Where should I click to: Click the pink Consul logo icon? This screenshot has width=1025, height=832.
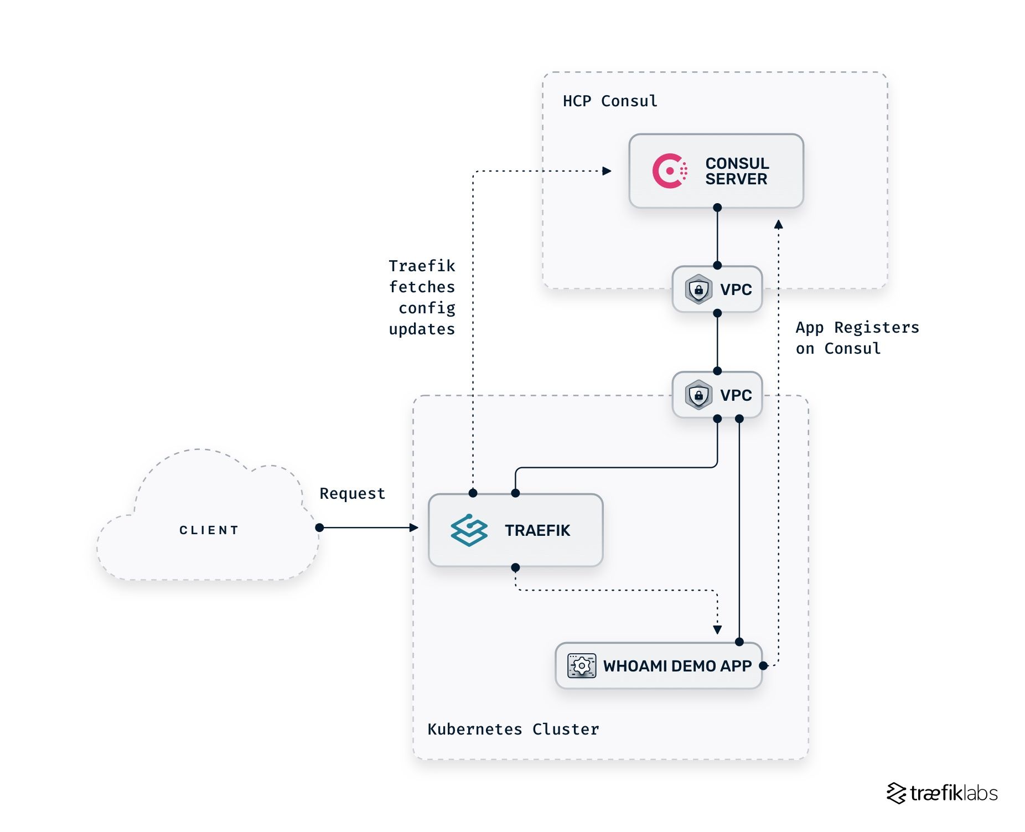pyautogui.click(x=669, y=171)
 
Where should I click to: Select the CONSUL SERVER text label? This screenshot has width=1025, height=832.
pyautogui.click(x=737, y=171)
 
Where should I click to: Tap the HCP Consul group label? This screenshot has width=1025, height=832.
pyautogui.click(x=610, y=101)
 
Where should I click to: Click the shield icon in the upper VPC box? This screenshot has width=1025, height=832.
pyautogui.click(x=698, y=290)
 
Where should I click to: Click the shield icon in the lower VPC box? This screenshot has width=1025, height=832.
pyautogui.click(x=698, y=395)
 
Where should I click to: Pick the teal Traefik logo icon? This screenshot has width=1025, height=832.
pyautogui.click(x=469, y=530)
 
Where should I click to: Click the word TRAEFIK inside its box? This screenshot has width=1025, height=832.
pyautogui.click(x=537, y=530)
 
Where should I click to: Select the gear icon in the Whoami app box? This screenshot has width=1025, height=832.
pyautogui.click(x=582, y=665)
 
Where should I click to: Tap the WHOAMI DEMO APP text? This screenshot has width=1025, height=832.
pyautogui.click(x=677, y=666)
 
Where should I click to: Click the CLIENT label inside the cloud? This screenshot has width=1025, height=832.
pyautogui.click(x=209, y=530)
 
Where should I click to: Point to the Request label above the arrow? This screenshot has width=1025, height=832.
pyautogui.click(x=352, y=494)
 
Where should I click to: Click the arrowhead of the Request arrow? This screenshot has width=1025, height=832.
pyautogui.click(x=414, y=528)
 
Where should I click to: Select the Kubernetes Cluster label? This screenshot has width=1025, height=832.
pyautogui.click(x=513, y=730)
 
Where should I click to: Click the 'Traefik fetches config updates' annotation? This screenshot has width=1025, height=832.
pyautogui.click(x=422, y=298)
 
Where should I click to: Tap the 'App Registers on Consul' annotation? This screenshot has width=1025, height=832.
pyautogui.click(x=856, y=338)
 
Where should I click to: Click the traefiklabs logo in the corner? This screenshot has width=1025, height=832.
pyautogui.click(x=942, y=793)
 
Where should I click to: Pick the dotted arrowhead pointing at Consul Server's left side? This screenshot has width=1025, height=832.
pyautogui.click(x=607, y=171)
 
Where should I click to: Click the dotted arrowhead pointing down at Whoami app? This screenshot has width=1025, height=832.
pyautogui.click(x=717, y=629)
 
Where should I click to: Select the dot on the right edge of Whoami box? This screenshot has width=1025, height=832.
pyautogui.click(x=763, y=665)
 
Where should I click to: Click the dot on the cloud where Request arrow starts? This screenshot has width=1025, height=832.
pyautogui.click(x=319, y=528)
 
